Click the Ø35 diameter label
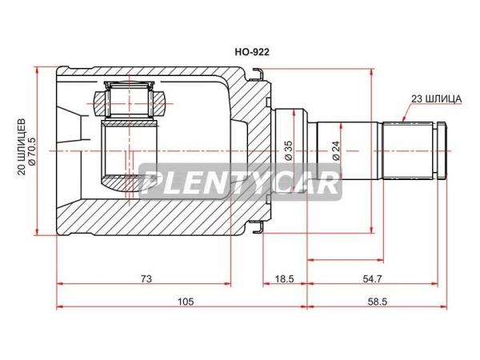pos(289,150)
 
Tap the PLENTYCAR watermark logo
pos(240,182)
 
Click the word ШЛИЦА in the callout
pos(443,99)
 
